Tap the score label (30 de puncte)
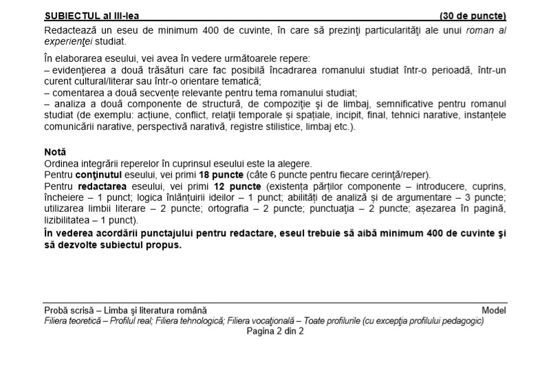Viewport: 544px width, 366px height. (x=472, y=15)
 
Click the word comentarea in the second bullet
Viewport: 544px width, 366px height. (x=76, y=92)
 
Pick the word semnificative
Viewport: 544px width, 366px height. (x=388, y=103)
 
